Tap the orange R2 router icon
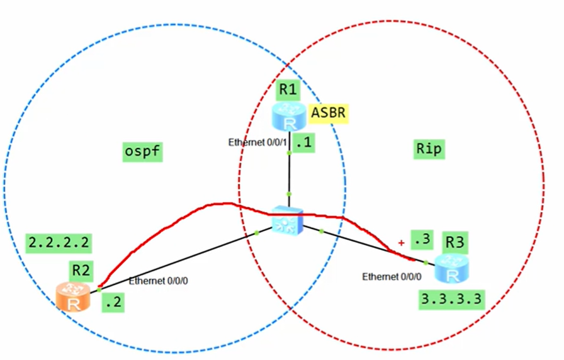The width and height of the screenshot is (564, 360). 74,297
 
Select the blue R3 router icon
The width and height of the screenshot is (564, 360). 453,269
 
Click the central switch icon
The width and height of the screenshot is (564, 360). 288,220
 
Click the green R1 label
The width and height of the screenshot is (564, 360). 288,90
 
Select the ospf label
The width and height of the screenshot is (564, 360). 142,150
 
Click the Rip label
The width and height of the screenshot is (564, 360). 429,149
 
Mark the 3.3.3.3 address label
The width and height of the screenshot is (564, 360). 453,298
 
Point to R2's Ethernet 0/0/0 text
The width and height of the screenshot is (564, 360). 158,281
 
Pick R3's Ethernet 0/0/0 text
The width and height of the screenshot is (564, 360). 392,276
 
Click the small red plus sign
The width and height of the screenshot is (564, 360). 400,242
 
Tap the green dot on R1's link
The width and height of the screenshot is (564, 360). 288,194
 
